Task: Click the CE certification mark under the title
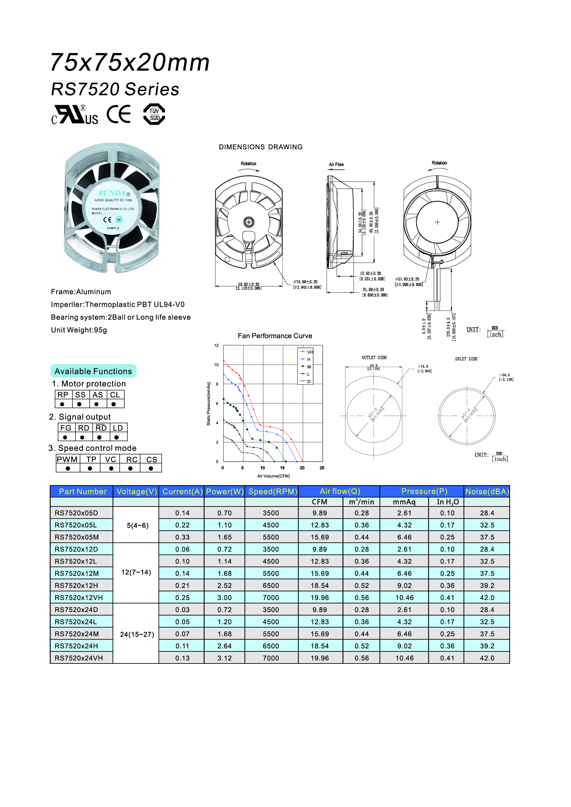click(118, 114)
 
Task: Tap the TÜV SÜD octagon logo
click(154, 114)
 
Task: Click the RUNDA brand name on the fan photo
click(112, 193)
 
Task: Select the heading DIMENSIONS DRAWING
click(261, 147)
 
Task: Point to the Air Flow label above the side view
click(336, 165)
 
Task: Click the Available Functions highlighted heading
click(93, 371)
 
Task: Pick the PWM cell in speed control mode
click(67, 459)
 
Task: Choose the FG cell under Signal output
click(66, 428)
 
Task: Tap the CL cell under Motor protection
click(115, 395)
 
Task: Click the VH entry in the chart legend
click(309, 352)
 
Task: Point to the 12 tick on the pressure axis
click(216, 345)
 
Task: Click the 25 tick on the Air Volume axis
click(322, 468)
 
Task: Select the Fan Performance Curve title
click(274, 336)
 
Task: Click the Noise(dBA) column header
click(487, 491)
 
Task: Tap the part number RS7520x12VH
click(79, 598)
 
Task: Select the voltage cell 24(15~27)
click(137, 634)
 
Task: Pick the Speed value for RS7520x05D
click(271, 513)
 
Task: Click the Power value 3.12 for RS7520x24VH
click(224, 658)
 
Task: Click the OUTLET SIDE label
click(374, 357)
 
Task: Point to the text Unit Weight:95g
click(79, 330)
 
